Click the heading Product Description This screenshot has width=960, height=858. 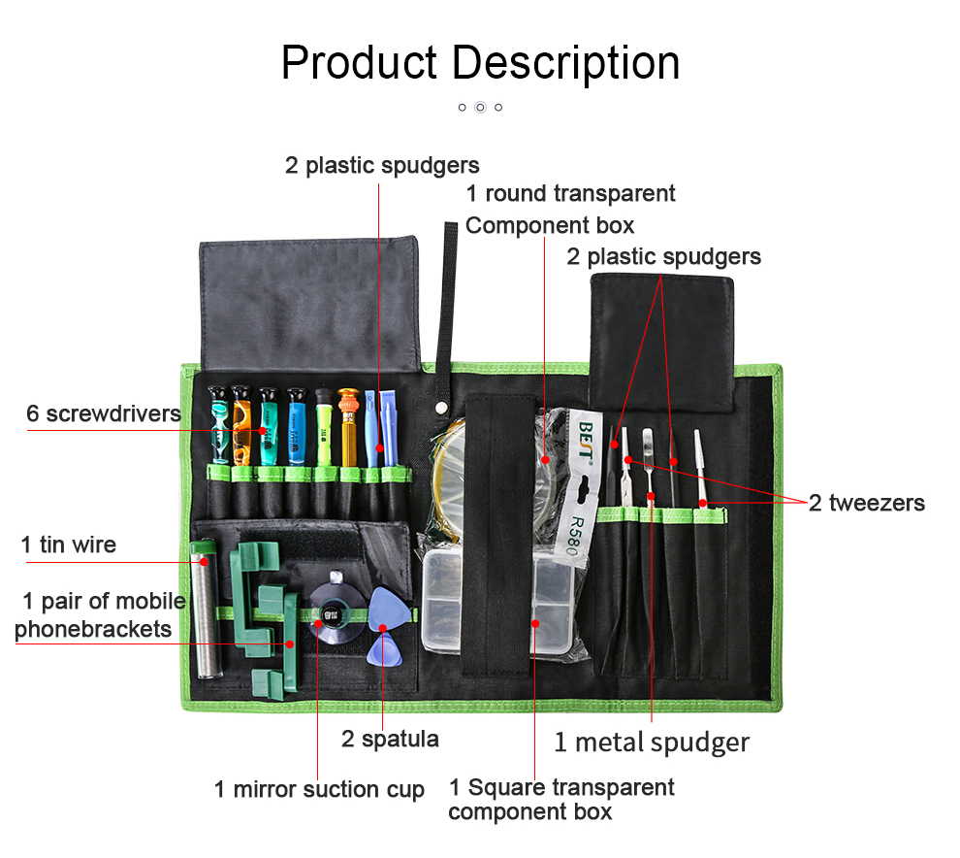481,64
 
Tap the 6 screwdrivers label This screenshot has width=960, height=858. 104,413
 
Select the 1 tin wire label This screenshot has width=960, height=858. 69,544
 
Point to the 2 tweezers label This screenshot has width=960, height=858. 866,503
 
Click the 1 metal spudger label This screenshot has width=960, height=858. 652,742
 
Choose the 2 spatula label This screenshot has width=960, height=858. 390,740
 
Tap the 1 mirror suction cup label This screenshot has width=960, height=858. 319,789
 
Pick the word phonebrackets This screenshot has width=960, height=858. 93,629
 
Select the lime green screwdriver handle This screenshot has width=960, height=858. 324,428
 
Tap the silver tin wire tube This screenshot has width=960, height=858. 206,609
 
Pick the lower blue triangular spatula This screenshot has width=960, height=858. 385,649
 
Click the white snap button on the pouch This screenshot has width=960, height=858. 440,407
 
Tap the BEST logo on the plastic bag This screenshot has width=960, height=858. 586,440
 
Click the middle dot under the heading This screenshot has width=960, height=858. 481,107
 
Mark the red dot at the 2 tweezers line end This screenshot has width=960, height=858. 703,503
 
